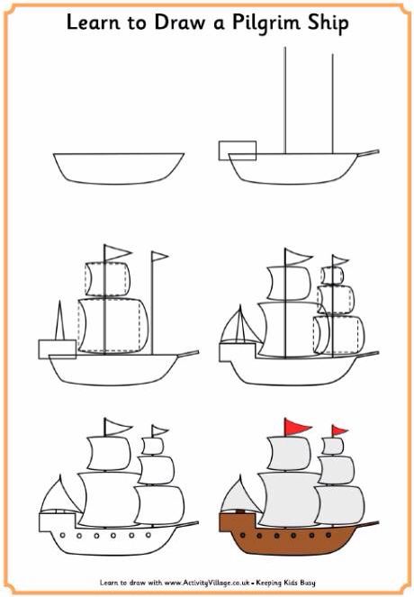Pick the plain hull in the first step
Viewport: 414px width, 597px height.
click(117, 167)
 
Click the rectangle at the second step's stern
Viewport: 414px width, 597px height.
click(238, 149)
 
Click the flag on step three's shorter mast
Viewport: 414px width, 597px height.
click(158, 258)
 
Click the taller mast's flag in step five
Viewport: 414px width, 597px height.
click(115, 427)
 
